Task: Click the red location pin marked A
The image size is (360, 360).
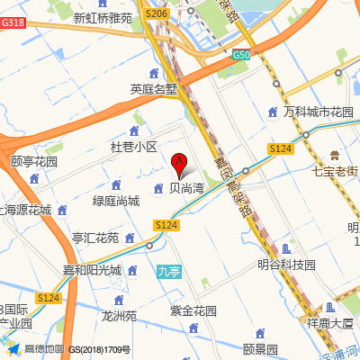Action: coord(179,164)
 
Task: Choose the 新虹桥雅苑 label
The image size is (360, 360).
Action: coord(103,17)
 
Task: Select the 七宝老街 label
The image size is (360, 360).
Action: coord(335,170)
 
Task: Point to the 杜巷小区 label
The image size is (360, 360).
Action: coord(133,146)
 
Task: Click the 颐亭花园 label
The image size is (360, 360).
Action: coord(34,162)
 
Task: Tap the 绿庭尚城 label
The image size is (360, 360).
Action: coord(116,202)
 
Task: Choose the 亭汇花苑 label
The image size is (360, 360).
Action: coord(95,238)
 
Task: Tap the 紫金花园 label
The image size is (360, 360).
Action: coord(193,310)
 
